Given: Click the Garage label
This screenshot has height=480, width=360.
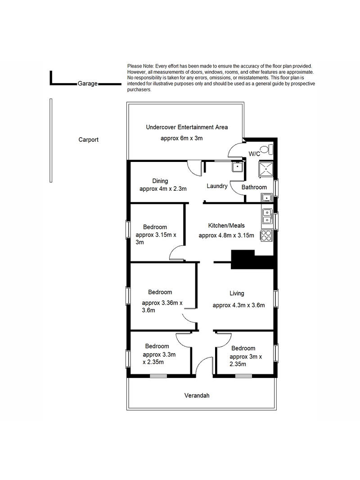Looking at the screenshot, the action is pos(88,83).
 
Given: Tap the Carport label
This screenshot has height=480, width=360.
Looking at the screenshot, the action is pos(89,139).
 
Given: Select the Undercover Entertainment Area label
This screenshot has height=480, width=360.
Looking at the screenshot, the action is pos(187,127).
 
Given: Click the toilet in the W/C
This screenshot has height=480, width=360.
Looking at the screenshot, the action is pos(270,149).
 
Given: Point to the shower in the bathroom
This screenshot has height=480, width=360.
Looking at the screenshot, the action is pos(265,169).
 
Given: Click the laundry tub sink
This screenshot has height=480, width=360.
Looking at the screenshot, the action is pos(237,167).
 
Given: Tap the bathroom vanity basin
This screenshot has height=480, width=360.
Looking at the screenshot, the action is pos(267,198).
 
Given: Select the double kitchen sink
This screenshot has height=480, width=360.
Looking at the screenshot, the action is pos(267,216).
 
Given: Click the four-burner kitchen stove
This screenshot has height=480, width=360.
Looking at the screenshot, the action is pos(266,235).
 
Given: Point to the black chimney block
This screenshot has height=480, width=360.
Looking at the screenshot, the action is pos(252,260).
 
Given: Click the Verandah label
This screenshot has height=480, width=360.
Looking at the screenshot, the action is pos(197,395).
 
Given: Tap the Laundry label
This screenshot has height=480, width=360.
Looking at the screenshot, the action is pos(217,186).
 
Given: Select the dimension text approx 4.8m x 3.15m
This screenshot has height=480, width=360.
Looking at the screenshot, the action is pos(226,235).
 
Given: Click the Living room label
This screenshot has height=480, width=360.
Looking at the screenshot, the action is pos(237,293).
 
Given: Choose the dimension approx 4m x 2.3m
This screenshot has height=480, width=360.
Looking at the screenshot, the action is pos(163,189).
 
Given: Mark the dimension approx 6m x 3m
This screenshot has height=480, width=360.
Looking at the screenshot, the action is pos(181,139).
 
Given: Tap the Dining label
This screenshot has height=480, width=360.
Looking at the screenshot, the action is pos(160,181).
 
